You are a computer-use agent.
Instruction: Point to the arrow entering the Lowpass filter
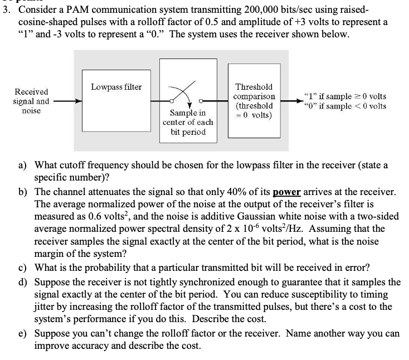[67, 102]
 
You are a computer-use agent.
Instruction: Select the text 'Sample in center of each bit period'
[184, 122]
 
